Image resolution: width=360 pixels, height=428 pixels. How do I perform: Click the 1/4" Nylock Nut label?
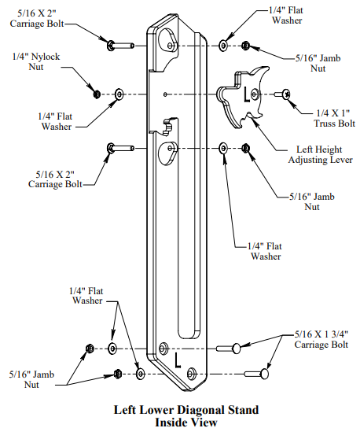coord(36,61)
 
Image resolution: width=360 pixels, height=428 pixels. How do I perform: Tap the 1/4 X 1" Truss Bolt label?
coord(334,118)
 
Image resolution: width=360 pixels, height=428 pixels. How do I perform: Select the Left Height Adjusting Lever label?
coord(320,154)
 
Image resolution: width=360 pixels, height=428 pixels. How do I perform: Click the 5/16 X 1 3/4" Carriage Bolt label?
coord(321,339)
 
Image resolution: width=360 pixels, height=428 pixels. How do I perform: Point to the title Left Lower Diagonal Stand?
coord(186,410)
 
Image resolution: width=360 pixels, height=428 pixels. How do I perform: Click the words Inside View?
coord(186,422)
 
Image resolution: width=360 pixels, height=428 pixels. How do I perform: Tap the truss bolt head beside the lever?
coord(286,94)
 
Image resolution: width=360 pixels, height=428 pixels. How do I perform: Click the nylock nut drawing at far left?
coord(96,94)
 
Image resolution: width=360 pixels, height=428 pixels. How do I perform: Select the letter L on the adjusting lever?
coord(247,94)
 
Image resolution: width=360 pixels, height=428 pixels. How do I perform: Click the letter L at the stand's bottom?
coord(178,360)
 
